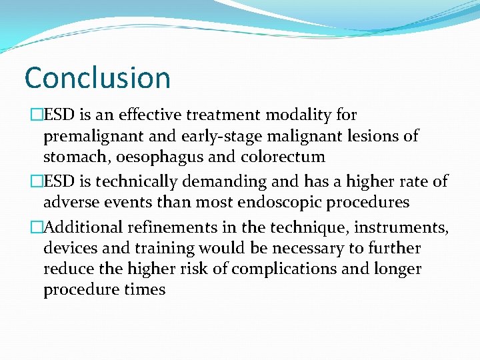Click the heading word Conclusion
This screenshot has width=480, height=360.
pos(97,77)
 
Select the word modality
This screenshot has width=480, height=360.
pos(299,115)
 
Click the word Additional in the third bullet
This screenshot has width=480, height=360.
pos(81,227)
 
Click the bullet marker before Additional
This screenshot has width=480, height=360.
pos(37,227)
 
